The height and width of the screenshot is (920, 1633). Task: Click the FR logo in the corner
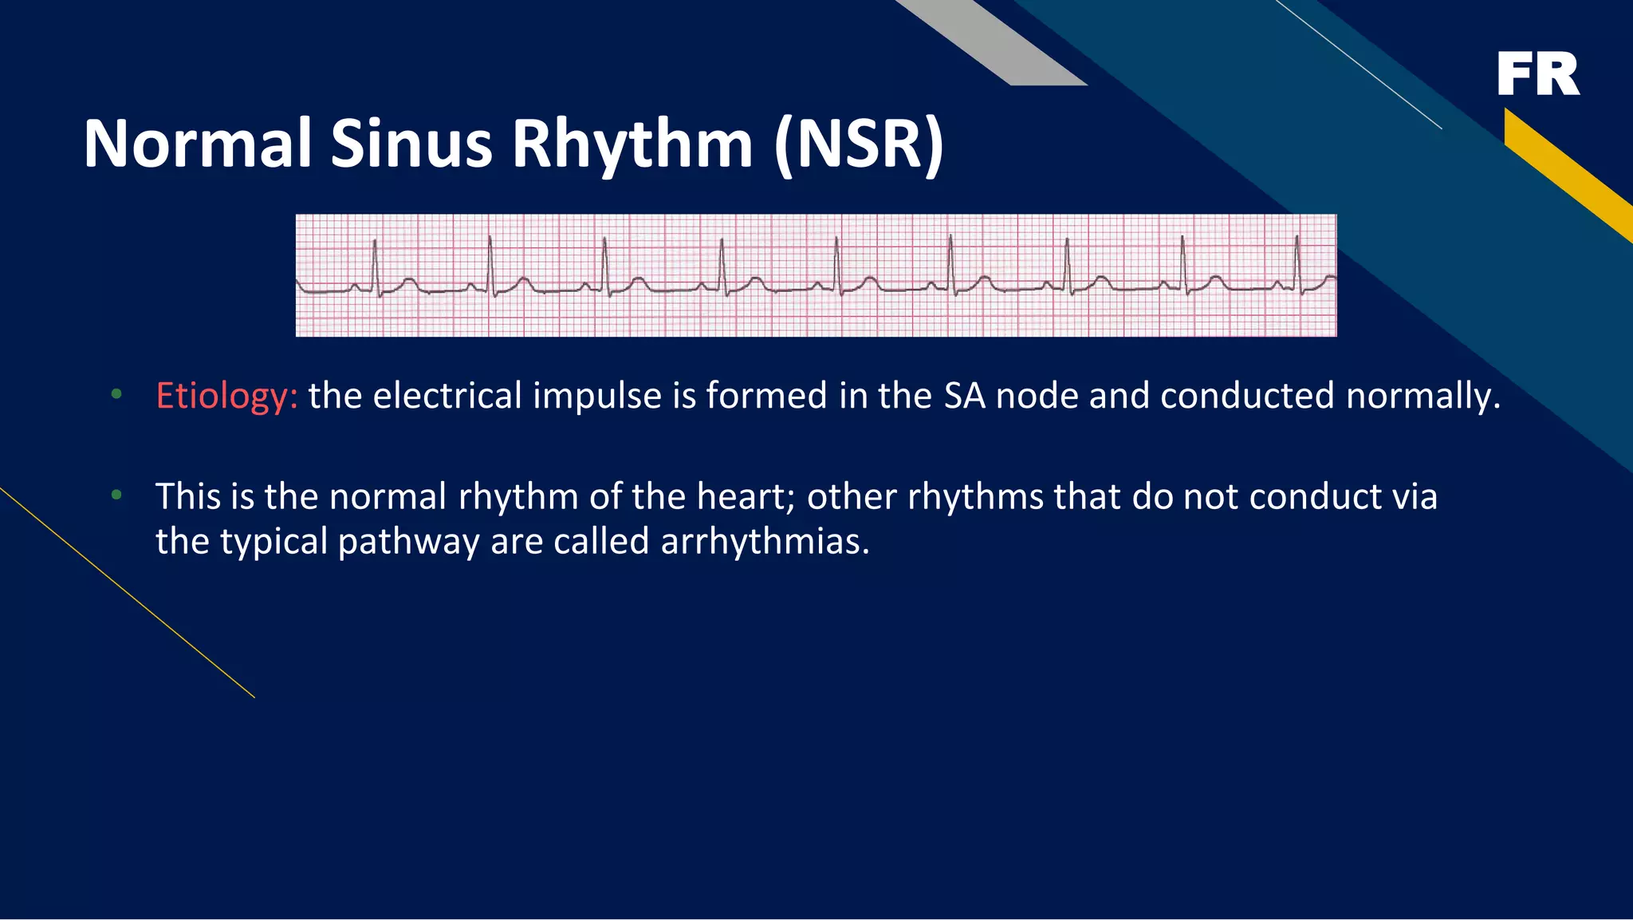(x=1537, y=74)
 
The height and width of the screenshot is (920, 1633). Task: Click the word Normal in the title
(x=196, y=144)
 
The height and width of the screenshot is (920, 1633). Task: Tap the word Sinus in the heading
(x=411, y=144)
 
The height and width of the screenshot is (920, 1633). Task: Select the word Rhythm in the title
(x=632, y=145)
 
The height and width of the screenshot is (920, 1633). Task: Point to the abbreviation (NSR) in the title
(x=858, y=145)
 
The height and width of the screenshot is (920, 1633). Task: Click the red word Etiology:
(x=226, y=397)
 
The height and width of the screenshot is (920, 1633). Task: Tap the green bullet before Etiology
(x=116, y=394)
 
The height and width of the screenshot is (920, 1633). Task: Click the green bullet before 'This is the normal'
(x=116, y=496)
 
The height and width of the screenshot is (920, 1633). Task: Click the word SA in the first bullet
(x=964, y=396)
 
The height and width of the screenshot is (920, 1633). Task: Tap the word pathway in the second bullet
(x=408, y=543)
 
